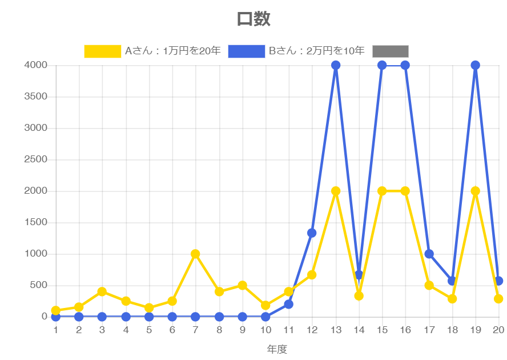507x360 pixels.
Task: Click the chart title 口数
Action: (x=253, y=19)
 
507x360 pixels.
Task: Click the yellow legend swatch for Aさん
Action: (x=102, y=51)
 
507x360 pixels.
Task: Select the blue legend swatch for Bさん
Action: (x=247, y=51)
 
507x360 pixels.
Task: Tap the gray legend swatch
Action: (x=391, y=51)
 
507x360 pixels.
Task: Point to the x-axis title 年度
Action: (x=277, y=349)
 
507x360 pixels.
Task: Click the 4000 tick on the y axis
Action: (x=35, y=65)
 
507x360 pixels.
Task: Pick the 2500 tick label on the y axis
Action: (x=35, y=159)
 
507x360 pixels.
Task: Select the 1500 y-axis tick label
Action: (x=35, y=222)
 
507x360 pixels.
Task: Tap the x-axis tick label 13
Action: (x=336, y=330)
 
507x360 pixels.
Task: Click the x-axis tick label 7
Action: (x=195, y=330)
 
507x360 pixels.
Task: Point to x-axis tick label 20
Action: (x=498, y=330)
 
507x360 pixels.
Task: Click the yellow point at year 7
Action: (x=195, y=254)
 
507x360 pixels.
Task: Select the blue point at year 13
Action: (x=336, y=65)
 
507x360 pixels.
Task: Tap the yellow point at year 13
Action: (x=336, y=191)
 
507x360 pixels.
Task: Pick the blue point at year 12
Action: (x=312, y=233)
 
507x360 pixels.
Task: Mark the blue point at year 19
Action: (x=475, y=65)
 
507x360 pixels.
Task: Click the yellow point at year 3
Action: (x=102, y=291)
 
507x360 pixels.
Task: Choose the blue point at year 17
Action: (x=429, y=254)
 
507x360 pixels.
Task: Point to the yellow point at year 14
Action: (x=359, y=296)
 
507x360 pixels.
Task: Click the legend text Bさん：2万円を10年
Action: (x=316, y=51)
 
